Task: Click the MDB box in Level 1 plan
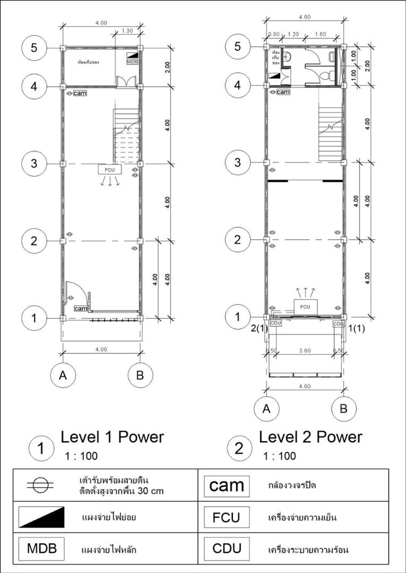(x=132, y=62)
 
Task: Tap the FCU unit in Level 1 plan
(x=110, y=170)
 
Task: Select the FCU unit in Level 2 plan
(x=305, y=307)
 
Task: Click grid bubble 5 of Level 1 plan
(x=34, y=47)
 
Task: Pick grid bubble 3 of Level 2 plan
(x=238, y=162)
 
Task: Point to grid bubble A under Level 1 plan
(x=63, y=375)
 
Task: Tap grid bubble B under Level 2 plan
(x=343, y=408)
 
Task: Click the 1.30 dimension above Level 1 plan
(x=127, y=31)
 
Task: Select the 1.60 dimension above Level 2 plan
(x=320, y=34)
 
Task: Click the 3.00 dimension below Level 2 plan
(x=305, y=351)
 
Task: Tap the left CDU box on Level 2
(x=276, y=323)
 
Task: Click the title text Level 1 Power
(x=112, y=437)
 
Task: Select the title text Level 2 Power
(x=310, y=437)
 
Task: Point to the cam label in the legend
(x=226, y=486)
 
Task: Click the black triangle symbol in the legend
(x=41, y=517)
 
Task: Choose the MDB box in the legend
(x=41, y=548)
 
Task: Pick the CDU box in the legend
(x=226, y=548)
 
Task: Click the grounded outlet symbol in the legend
(x=40, y=485)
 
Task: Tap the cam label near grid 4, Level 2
(x=283, y=92)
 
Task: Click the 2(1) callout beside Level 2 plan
(x=259, y=328)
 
